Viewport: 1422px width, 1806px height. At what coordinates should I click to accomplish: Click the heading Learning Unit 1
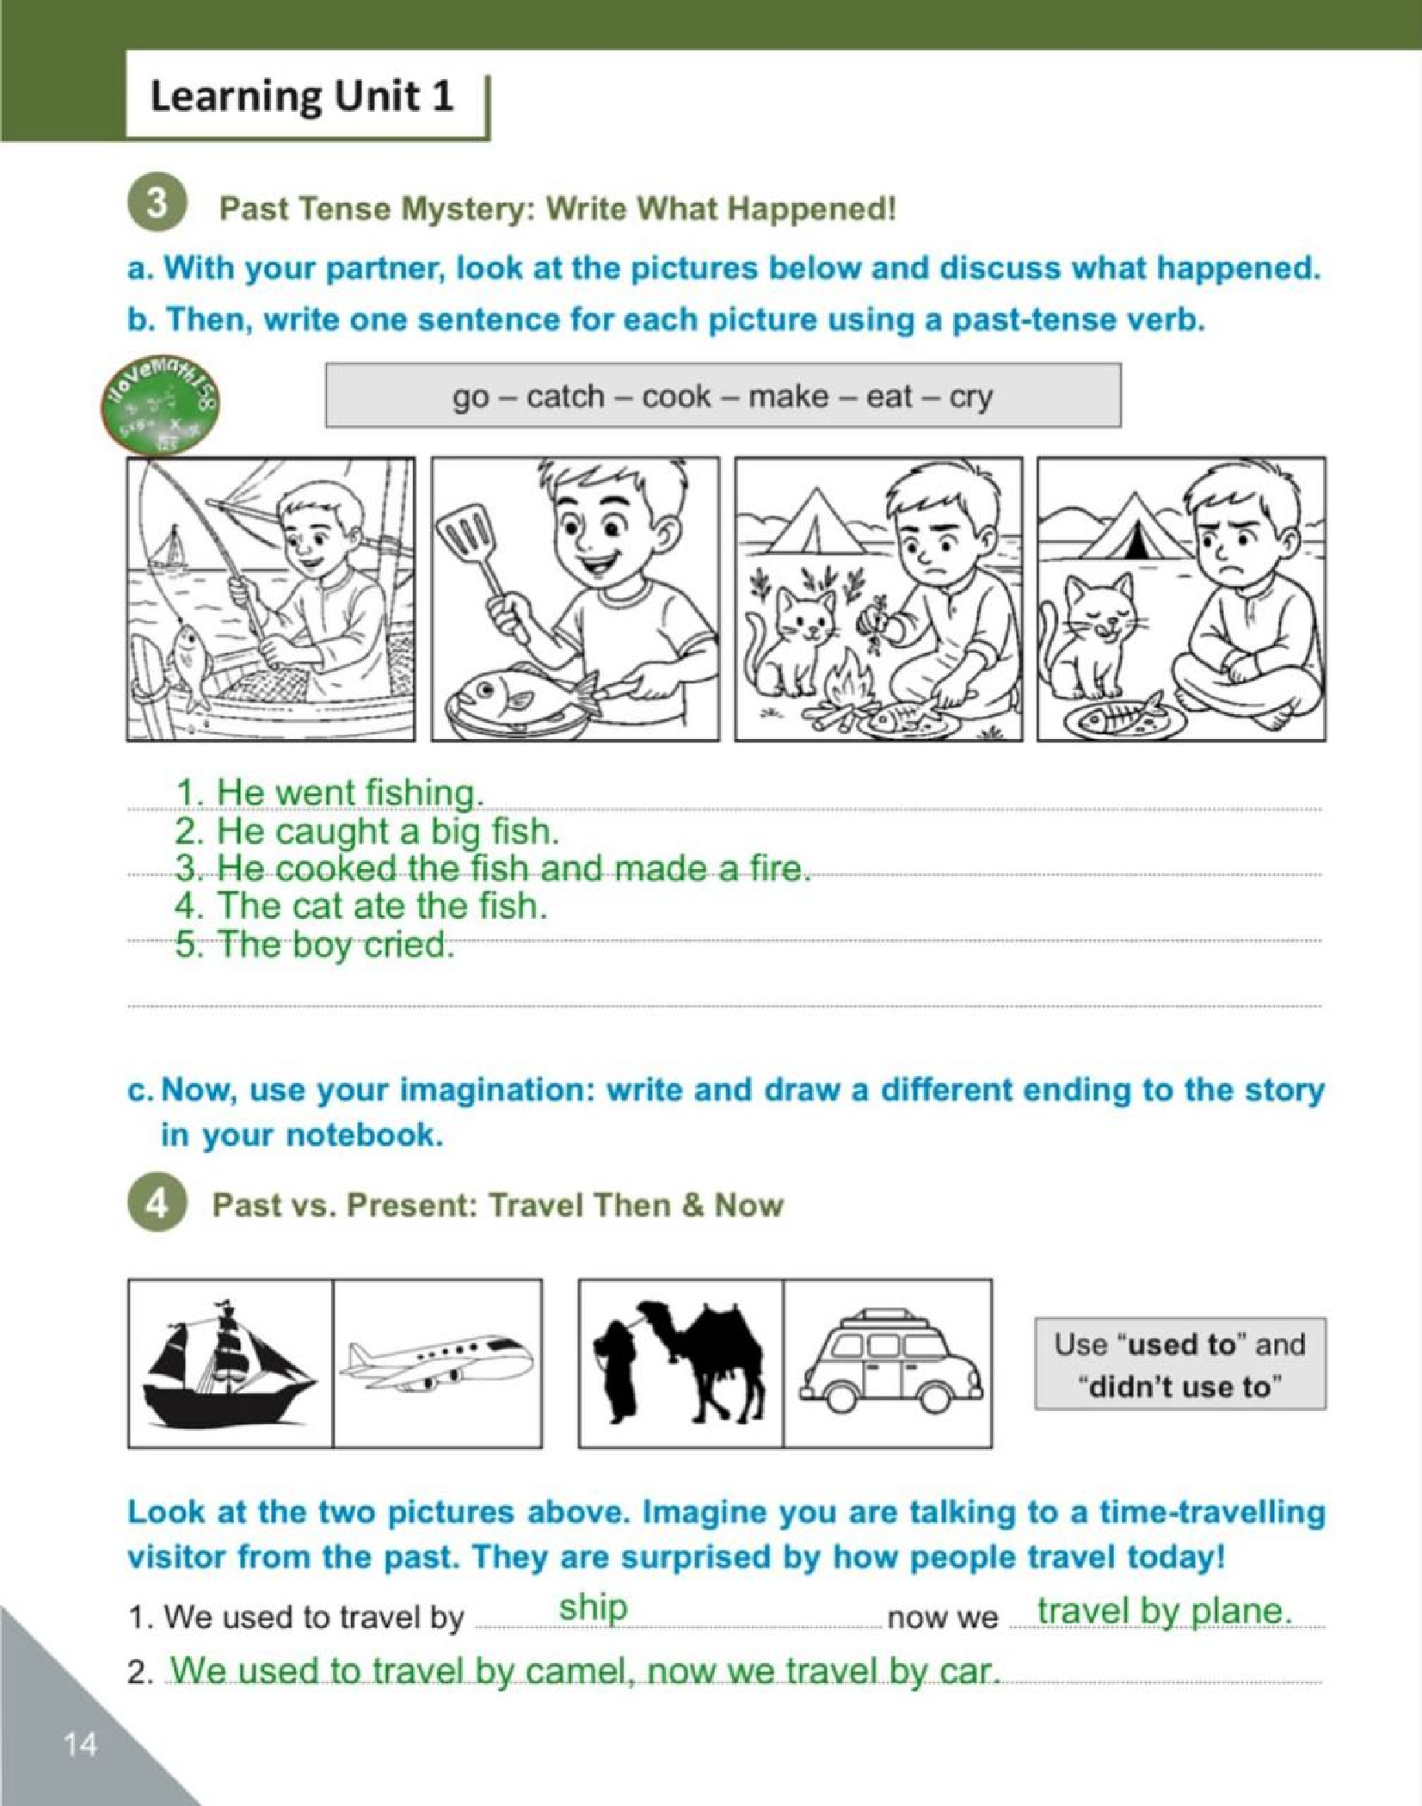pos(302,96)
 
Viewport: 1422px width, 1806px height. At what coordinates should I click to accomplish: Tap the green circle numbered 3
pos(157,205)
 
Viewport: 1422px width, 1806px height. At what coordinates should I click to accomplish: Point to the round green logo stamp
pos(159,408)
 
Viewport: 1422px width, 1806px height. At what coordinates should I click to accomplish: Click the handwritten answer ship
pos(593,1607)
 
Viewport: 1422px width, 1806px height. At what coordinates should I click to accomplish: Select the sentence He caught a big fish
pos(367,831)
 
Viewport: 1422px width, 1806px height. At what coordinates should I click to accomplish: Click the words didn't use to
pos(1179,1388)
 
